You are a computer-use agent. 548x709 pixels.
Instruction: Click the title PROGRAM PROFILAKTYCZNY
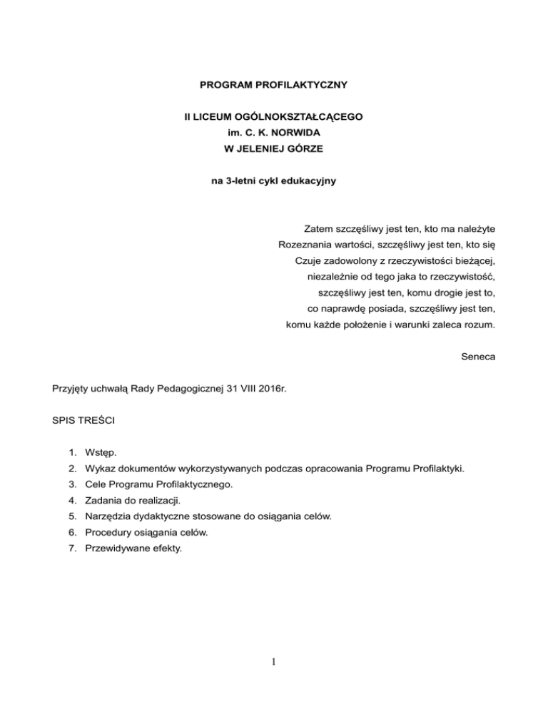tap(273, 86)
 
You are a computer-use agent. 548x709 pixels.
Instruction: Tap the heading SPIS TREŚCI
tap(80, 421)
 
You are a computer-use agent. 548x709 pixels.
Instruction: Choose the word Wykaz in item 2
tap(98, 469)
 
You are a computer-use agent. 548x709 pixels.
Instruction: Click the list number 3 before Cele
tap(71, 484)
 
